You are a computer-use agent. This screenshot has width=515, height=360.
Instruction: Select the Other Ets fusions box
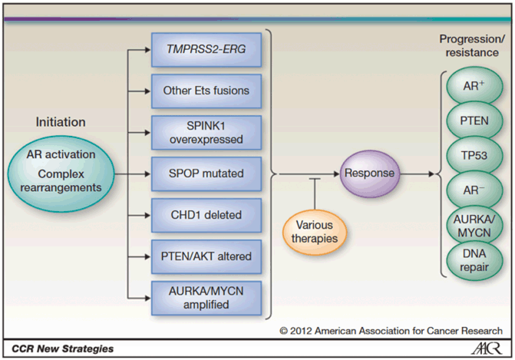(x=206, y=91)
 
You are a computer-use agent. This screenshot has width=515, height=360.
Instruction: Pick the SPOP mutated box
(x=206, y=173)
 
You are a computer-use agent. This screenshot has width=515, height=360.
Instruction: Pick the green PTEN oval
(x=474, y=121)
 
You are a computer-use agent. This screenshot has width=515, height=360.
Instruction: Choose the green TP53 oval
(x=474, y=154)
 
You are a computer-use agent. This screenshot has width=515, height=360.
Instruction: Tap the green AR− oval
(x=474, y=188)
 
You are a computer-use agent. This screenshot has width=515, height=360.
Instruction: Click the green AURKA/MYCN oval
(x=474, y=223)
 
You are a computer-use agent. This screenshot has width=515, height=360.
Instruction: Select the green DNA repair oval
(x=474, y=258)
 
